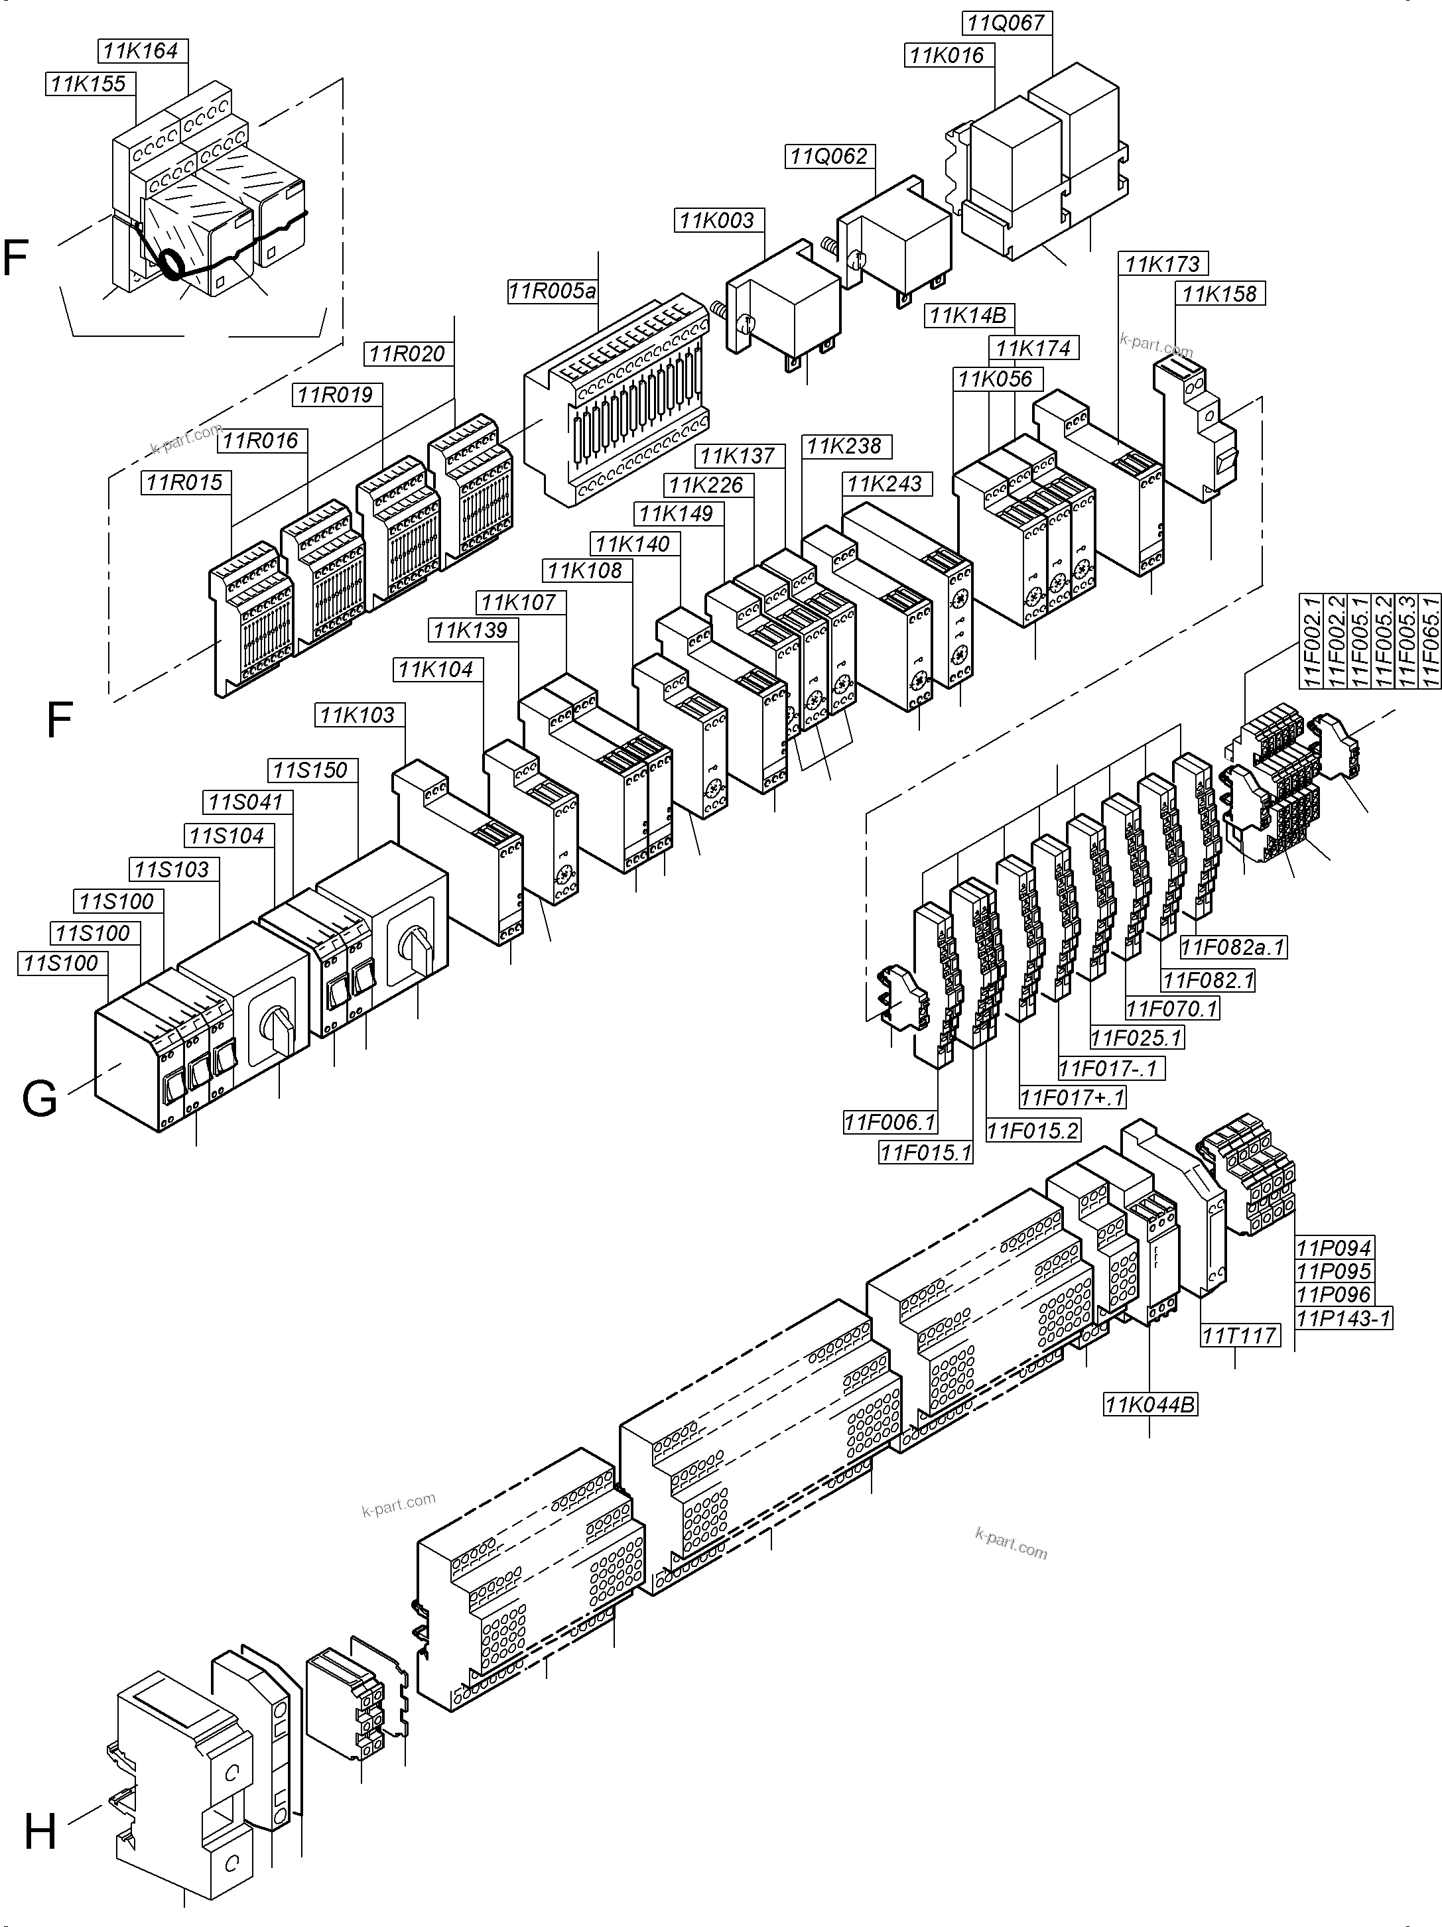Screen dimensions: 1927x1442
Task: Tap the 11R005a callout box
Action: pyautogui.click(x=553, y=291)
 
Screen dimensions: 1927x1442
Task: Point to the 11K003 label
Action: pyautogui.click(x=717, y=220)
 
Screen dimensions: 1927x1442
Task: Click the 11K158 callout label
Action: pyautogui.click(x=1220, y=294)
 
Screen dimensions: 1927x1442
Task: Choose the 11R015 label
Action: pyautogui.click(x=184, y=483)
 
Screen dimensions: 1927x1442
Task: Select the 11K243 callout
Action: pyautogui.click(x=885, y=484)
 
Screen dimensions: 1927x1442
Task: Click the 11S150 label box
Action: pyautogui.click(x=310, y=770)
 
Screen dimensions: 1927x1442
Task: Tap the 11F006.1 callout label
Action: pyautogui.click(x=889, y=1122)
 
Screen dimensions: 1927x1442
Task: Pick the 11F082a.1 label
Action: pyautogui.click(x=1233, y=947)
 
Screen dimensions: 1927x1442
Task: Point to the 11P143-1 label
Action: pyautogui.click(x=1343, y=1319)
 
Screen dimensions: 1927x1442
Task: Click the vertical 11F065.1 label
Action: pyautogui.click(x=1431, y=641)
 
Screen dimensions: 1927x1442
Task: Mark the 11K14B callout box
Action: pyautogui.click(x=967, y=316)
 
